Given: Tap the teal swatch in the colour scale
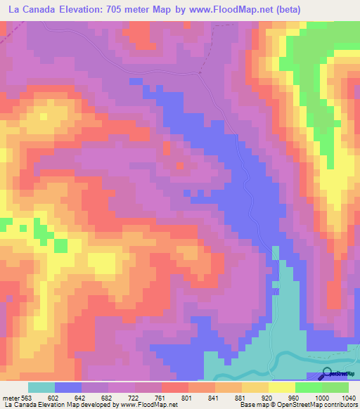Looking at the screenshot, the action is (41, 387).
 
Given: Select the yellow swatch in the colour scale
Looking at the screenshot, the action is (281, 387).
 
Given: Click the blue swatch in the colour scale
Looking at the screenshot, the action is (68, 387).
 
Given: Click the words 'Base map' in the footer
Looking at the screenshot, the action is (252, 405).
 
